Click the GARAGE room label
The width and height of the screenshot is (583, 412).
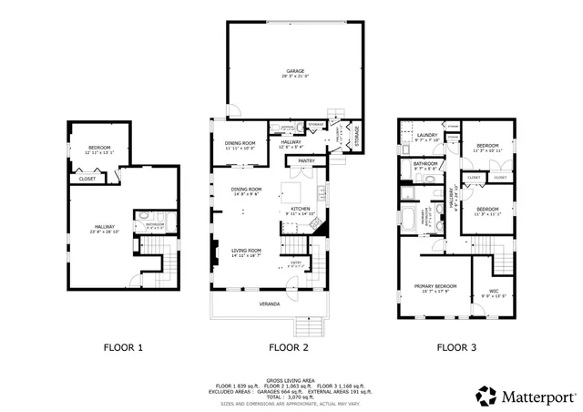point(294,70)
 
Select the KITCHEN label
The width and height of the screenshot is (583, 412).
point(301,209)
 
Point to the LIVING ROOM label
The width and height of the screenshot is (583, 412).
point(246,250)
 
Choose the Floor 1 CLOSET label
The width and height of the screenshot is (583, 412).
point(87,179)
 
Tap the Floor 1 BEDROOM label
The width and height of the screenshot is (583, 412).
point(98,148)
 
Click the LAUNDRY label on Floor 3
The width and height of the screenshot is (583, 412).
point(427,135)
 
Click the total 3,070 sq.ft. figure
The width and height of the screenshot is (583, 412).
point(290,397)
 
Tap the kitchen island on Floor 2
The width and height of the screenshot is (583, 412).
point(292,192)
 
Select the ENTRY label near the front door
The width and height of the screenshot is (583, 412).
point(296,263)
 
